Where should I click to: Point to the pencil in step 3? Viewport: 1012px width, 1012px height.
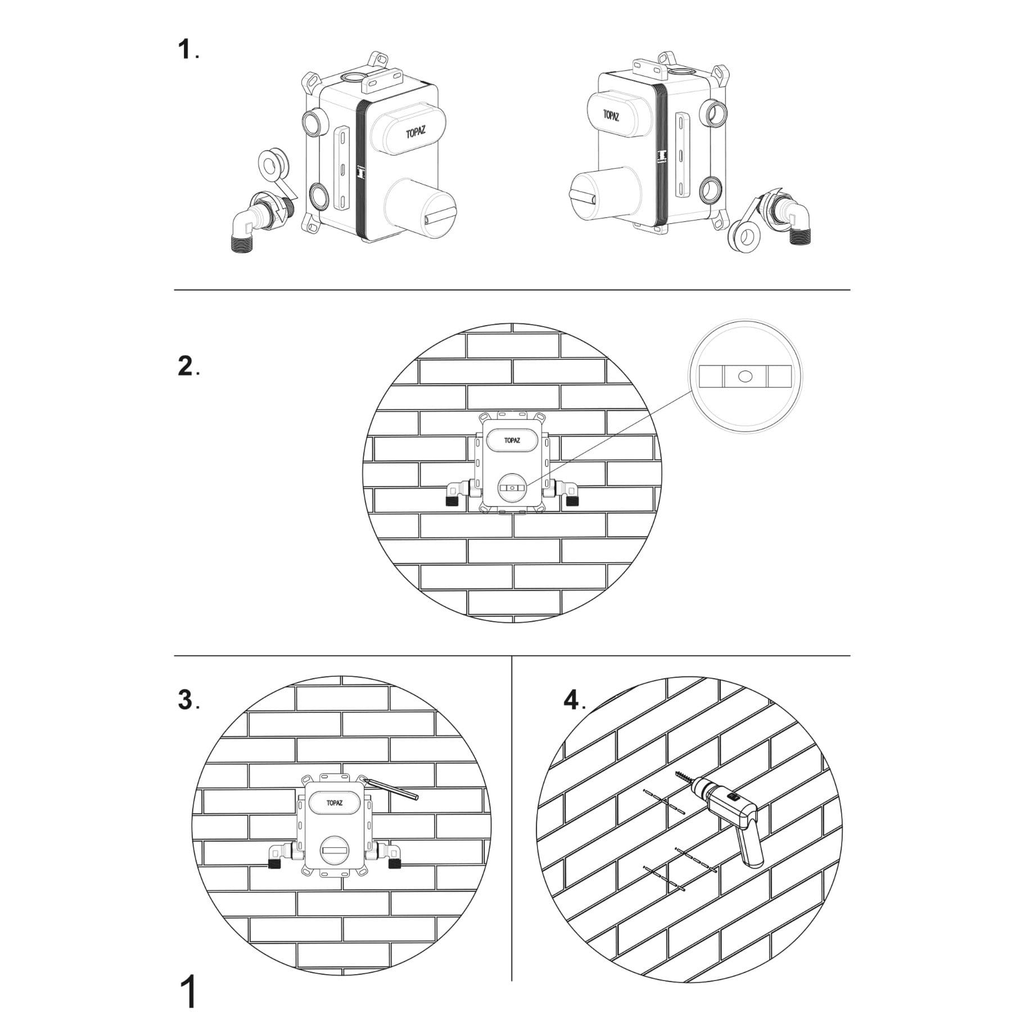(390, 788)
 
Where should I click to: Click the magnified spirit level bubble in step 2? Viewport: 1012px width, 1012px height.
(746, 376)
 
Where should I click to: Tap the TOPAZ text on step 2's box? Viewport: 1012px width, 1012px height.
(512, 441)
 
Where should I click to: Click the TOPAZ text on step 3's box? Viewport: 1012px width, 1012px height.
(335, 803)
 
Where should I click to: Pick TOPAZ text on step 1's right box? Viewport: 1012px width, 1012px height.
(612, 116)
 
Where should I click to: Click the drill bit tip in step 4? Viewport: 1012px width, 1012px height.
(677, 772)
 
